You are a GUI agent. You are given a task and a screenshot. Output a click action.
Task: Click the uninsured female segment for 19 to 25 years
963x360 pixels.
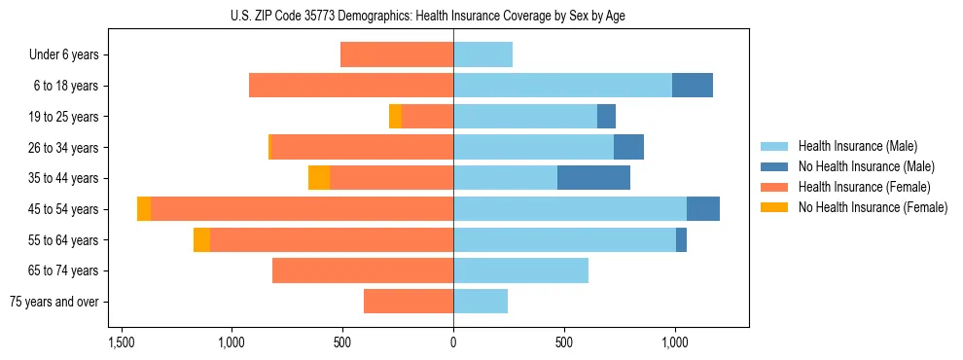[x=395, y=117]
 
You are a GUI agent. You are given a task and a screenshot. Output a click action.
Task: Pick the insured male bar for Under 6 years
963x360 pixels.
[x=482, y=54]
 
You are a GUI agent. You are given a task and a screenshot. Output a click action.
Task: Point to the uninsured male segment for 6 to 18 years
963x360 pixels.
[x=692, y=86]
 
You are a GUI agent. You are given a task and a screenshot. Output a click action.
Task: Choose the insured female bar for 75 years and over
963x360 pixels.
[x=409, y=302]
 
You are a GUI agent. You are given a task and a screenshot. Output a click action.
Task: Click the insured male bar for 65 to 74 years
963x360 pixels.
[x=520, y=270]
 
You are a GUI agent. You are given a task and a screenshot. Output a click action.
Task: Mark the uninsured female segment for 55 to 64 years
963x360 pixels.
[x=201, y=240]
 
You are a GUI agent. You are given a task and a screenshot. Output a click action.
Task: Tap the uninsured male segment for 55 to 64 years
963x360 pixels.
[x=681, y=240]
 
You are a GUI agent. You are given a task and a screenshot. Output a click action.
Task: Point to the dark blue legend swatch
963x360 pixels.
[x=774, y=166]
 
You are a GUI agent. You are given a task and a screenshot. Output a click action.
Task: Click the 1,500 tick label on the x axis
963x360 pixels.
[x=121, y=343]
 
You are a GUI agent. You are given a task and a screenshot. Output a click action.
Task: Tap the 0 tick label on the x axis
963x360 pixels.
[x=453, y=343]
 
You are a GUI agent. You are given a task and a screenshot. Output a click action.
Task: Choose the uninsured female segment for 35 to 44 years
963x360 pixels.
[x=319, y=178]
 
